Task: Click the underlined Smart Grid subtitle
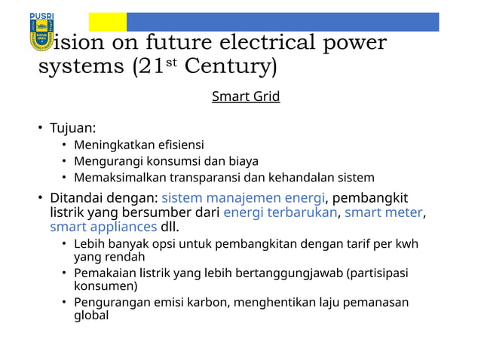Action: pyautogui.click(x=246, y=96)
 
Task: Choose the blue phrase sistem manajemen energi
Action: pyautogui.click(x=243, y=198)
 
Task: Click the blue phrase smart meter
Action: pyautogui.click(x=384, y=212)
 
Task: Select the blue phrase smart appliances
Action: pyautogui.click(x=103, y=227)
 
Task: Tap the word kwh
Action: pyautogui.click(x=406, y=244)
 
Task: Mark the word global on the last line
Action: pyautogui.click(x=91, y=316)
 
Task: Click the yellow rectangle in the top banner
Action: pyautogui.click(x=107, y=22)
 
